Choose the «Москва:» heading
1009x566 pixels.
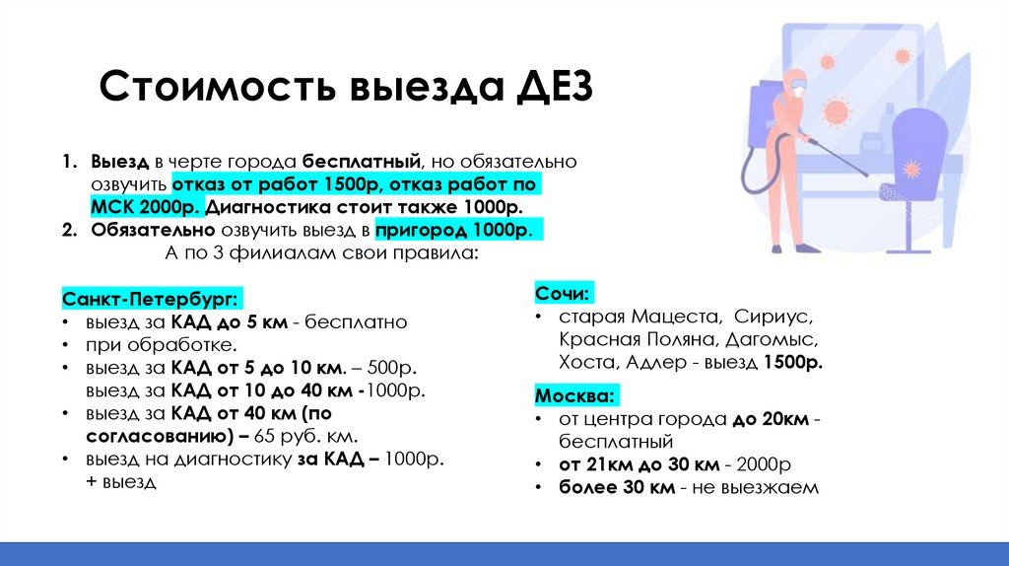(x=576, y=395)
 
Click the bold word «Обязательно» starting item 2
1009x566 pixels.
(x=152, y=230)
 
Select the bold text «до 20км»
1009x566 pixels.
(x=771, y=419)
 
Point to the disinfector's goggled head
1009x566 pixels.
(x=795, y=83)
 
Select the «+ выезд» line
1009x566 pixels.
(x=121, y=482)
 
